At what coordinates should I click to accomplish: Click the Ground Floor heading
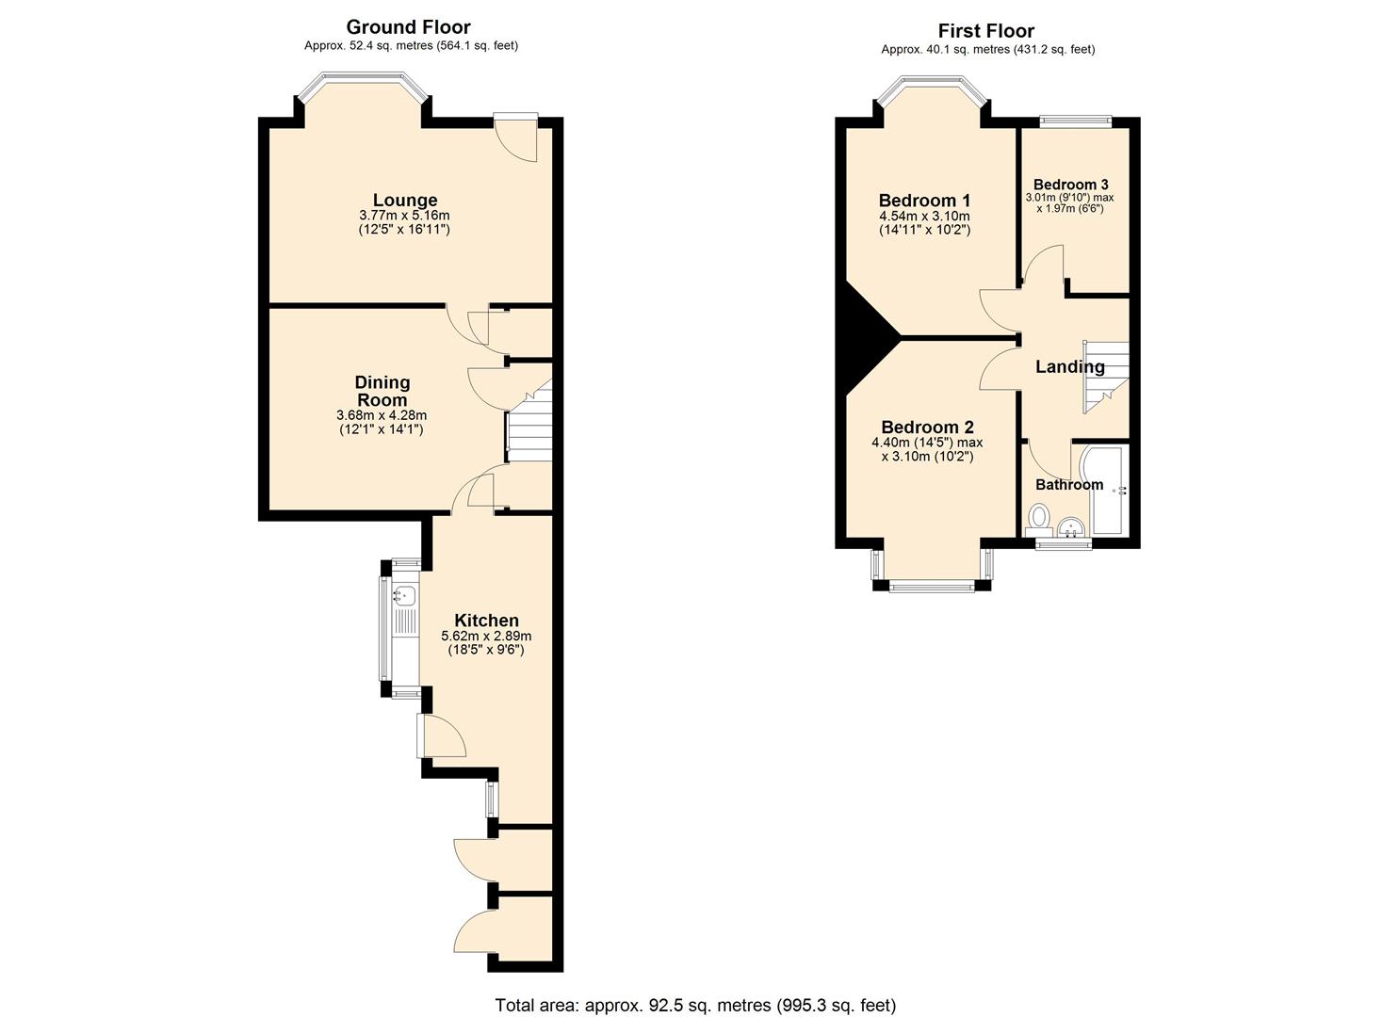[x=408, y=27]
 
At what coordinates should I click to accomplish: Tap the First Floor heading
[x=985, y=31]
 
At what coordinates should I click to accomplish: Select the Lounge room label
[x=404, y=200]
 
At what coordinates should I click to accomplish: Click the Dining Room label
[x=382, y=391]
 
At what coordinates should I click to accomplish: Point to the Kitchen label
[x=486, y=620]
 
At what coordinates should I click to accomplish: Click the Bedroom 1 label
[x=923, y=200]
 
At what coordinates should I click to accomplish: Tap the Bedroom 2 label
[x=927, y=428]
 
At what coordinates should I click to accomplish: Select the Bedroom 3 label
[x=1070, y=185]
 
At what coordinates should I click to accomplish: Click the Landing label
[x=1069, y=366]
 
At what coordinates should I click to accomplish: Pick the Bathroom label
[x=1068, y=484]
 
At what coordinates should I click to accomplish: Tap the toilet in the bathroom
[x=1038, y=517]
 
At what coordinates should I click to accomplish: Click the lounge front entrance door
[x=517, y=137]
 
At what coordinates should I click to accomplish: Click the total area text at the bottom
[x=695, y=1005]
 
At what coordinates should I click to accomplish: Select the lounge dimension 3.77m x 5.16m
[x=404, y=216]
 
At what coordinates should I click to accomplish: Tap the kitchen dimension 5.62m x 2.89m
[x=486, y=636]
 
